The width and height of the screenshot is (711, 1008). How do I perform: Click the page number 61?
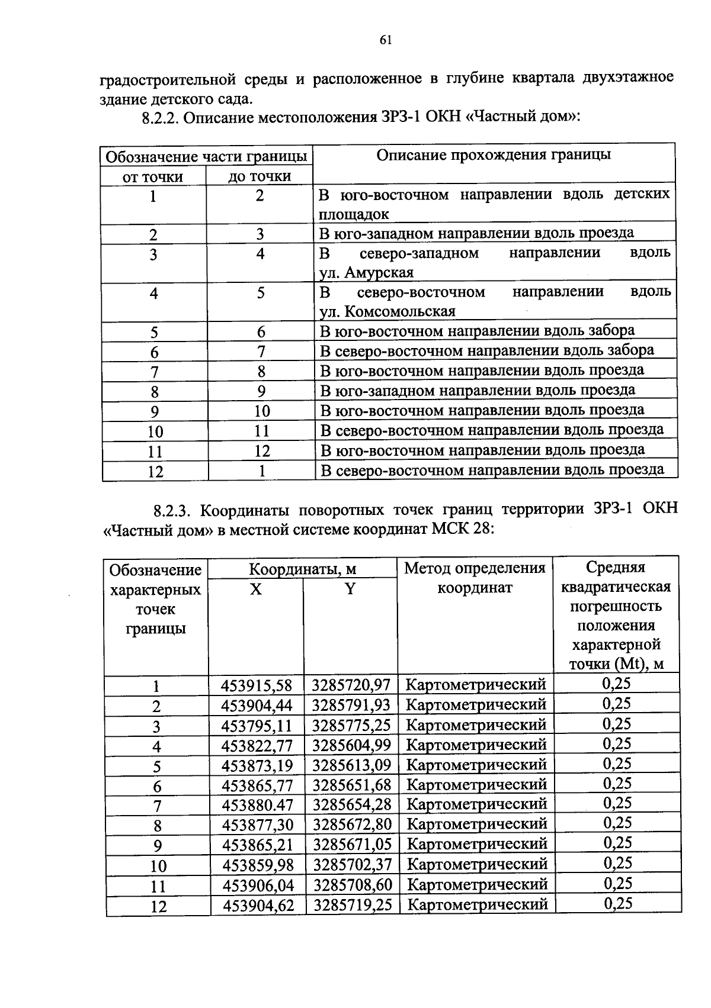point(385,40)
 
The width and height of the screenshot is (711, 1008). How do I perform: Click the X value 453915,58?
point(257,685)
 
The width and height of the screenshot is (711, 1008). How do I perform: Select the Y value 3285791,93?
point(351,706)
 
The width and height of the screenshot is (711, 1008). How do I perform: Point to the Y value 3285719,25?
point(353,905)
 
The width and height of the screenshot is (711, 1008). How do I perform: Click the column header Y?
point(350,590)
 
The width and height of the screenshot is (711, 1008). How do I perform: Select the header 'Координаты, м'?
point(302,569)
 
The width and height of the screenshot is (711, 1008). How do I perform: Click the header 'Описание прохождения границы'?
point(494,155)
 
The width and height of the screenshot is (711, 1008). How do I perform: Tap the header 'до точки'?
point(260,176)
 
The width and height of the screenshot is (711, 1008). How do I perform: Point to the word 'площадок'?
point(354,214)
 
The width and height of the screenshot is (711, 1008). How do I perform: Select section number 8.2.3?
point(173,510)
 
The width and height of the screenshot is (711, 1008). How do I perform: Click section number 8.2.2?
point(161,118)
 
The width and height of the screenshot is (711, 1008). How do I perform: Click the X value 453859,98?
point(258,865)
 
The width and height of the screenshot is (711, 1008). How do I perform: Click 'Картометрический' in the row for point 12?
point(478,904)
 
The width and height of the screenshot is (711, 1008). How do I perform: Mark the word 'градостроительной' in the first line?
point(168,79)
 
